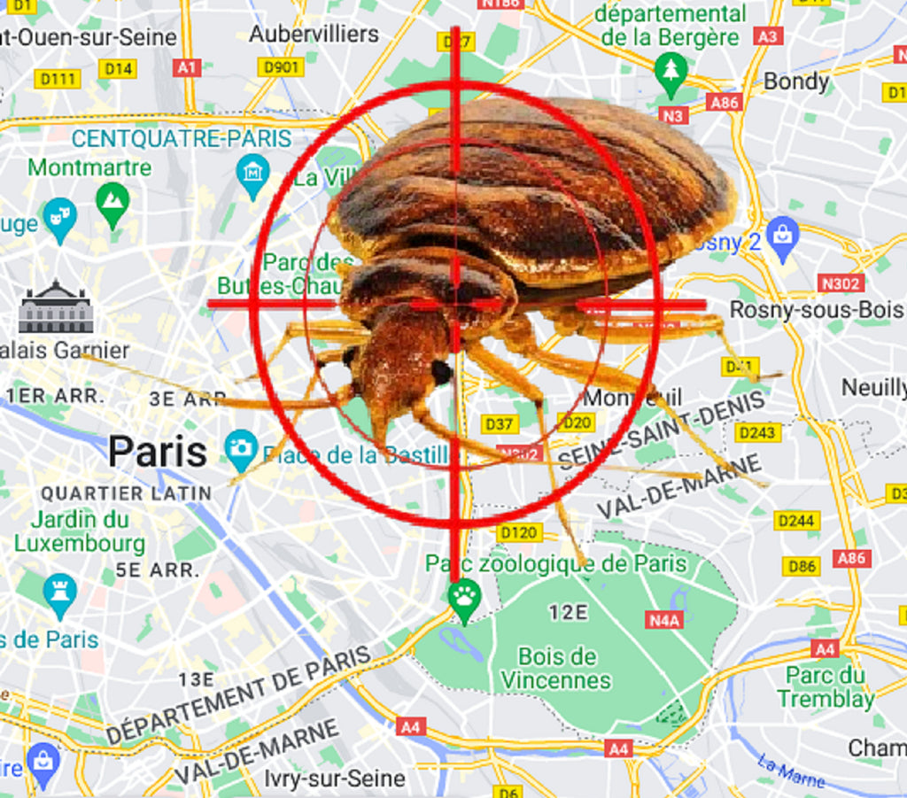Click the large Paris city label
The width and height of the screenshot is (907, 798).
(x=158, y=452)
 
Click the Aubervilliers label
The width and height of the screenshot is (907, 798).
(x=314, y=34)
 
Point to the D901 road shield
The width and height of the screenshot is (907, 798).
(x=280, y=67)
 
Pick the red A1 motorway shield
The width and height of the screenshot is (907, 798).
(x=187, y=67)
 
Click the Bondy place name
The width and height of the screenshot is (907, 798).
(x=795, y=81)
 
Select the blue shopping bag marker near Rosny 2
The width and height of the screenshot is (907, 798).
(x=783, y=235)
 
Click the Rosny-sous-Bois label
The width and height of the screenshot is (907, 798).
(x=816, y=310)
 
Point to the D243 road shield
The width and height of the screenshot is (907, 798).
(x=757, y=432)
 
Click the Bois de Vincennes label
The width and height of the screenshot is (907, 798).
(x=556, y=668)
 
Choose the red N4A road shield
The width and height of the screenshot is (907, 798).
(x=664, y=619)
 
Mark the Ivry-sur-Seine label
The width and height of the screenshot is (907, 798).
(x=335, y=779)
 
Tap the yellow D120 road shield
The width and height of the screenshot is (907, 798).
(x=519, y=532)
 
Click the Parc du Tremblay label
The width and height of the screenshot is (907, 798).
(x=826, y=686)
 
